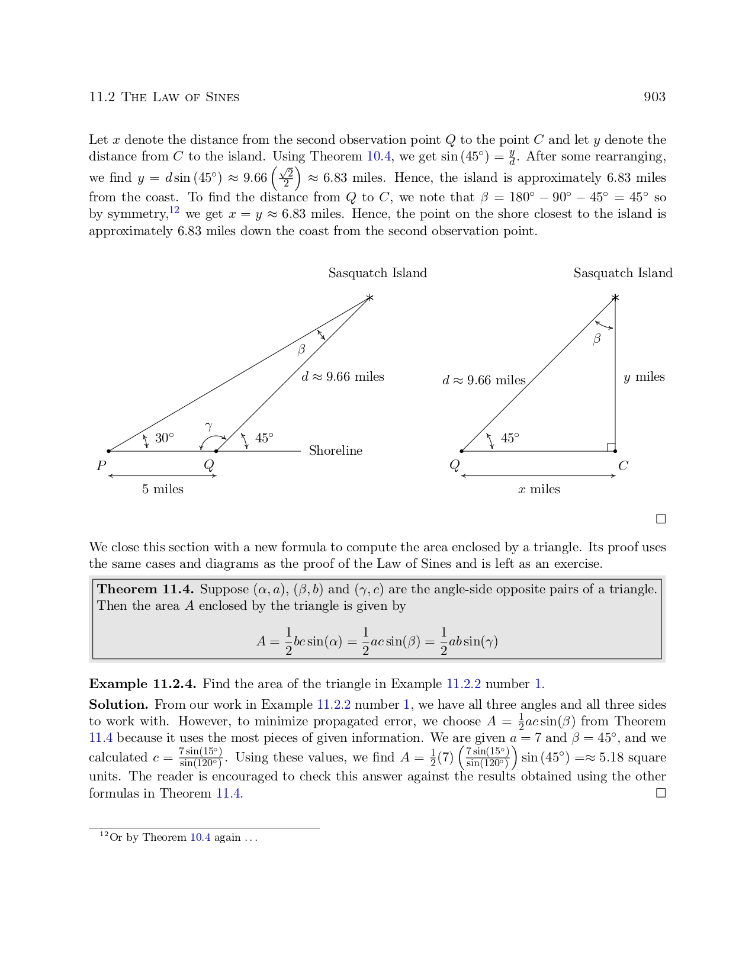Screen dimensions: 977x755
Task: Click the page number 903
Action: (654, 97)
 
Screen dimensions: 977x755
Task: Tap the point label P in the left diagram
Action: (101, 466)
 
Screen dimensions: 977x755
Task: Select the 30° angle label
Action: (165, 438)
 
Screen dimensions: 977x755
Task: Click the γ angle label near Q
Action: (209, 426)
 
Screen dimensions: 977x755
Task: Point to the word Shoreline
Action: (335, 451)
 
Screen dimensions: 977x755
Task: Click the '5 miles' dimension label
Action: (163, 489)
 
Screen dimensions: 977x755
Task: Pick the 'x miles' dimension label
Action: (539, 489)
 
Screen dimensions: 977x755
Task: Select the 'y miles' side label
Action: (644, 377)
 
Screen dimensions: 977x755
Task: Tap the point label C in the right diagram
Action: (623, 466)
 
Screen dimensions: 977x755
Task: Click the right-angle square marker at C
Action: (611, 447)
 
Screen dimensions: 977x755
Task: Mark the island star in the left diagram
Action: (370, 297)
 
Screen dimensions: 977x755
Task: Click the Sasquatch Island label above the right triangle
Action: (623, 273)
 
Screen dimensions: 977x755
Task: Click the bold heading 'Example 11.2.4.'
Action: (142, 684)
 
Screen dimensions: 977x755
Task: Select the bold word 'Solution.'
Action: (118, 705)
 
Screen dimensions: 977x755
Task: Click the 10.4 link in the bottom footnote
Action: (200, 837)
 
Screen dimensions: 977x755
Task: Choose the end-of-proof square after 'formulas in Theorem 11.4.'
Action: (661, 793)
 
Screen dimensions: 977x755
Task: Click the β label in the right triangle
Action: (597, 339)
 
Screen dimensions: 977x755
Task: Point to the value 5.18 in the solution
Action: (611, 758)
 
